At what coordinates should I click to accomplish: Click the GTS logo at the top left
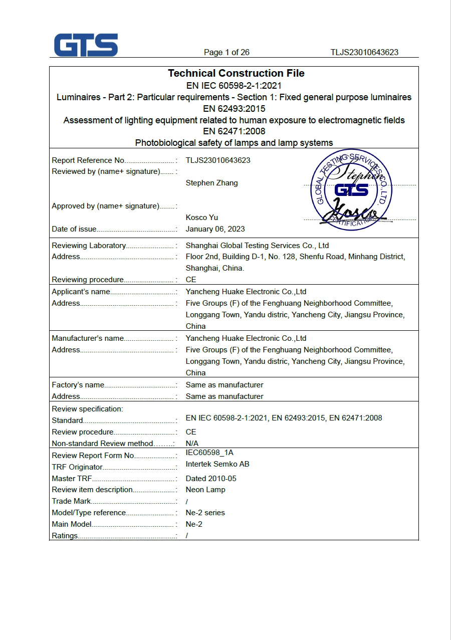(86, 45)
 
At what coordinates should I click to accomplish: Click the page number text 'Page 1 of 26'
(227, 53)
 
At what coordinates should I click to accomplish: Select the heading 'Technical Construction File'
(236, 73)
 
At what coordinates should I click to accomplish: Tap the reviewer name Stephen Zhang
(211, 183)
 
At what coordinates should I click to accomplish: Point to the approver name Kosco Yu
(201, 218)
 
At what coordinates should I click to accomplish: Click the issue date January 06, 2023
(215, 229)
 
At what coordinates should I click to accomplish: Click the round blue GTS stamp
(351, 190)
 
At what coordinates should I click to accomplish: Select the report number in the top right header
(364, 53)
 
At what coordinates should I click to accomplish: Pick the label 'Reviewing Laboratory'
(89, 246)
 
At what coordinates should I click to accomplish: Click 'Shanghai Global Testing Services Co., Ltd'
(257, 246)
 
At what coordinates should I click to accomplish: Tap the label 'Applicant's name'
(81, 292)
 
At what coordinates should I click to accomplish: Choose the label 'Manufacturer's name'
(88, 338)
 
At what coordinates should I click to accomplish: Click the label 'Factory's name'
(78, 385)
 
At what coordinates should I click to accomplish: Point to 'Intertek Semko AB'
(217, 464)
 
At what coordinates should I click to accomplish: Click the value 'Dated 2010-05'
(211, 479)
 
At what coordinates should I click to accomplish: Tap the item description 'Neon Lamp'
(205, 490)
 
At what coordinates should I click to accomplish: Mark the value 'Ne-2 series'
(205, 513)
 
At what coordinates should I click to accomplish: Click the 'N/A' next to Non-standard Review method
(192, 444)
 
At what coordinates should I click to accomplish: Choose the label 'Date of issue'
(74, 229)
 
